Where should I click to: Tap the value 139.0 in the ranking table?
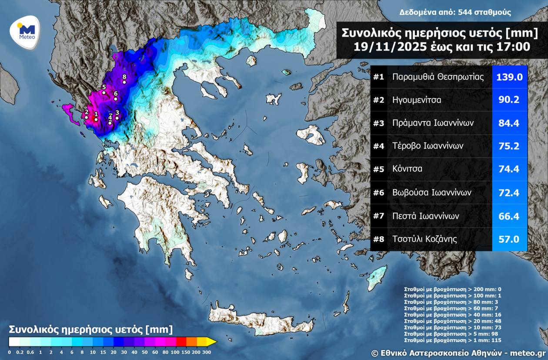click(509, 77)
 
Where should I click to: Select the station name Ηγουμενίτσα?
click(417, 100)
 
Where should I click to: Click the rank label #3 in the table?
click(378, 123)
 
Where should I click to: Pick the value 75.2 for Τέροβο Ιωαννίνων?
click(509, 146)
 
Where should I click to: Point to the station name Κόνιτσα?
click(407, 169)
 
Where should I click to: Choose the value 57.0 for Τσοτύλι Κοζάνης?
click(509, 239)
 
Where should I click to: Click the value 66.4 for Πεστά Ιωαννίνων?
click(509, 216)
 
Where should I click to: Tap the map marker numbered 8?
click(124, 82)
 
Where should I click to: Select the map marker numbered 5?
click(104, 92)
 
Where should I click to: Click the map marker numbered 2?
click(87, 117)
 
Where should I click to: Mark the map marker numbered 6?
click(116, 98)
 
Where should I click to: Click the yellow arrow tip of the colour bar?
click(212, 341)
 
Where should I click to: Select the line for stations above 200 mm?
click(453, 289)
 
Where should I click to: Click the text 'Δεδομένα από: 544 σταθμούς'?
click(455, 13)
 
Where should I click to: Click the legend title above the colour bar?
click(91, 329)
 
